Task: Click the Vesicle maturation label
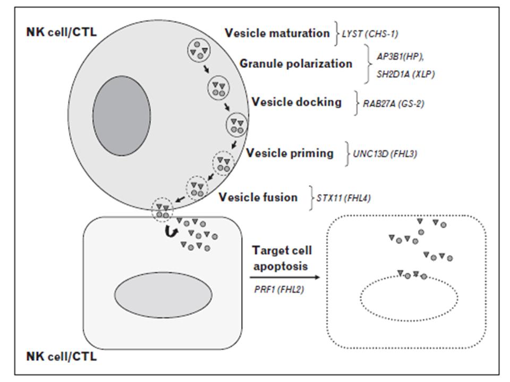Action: pos(277,33)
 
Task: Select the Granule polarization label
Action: pos(295,64)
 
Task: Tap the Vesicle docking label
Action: pos(296,101)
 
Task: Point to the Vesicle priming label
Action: pos(290,153)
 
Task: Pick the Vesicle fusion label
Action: pos(258,197)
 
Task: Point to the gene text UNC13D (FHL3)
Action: pos(384,155)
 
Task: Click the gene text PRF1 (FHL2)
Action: pos(278,289)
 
